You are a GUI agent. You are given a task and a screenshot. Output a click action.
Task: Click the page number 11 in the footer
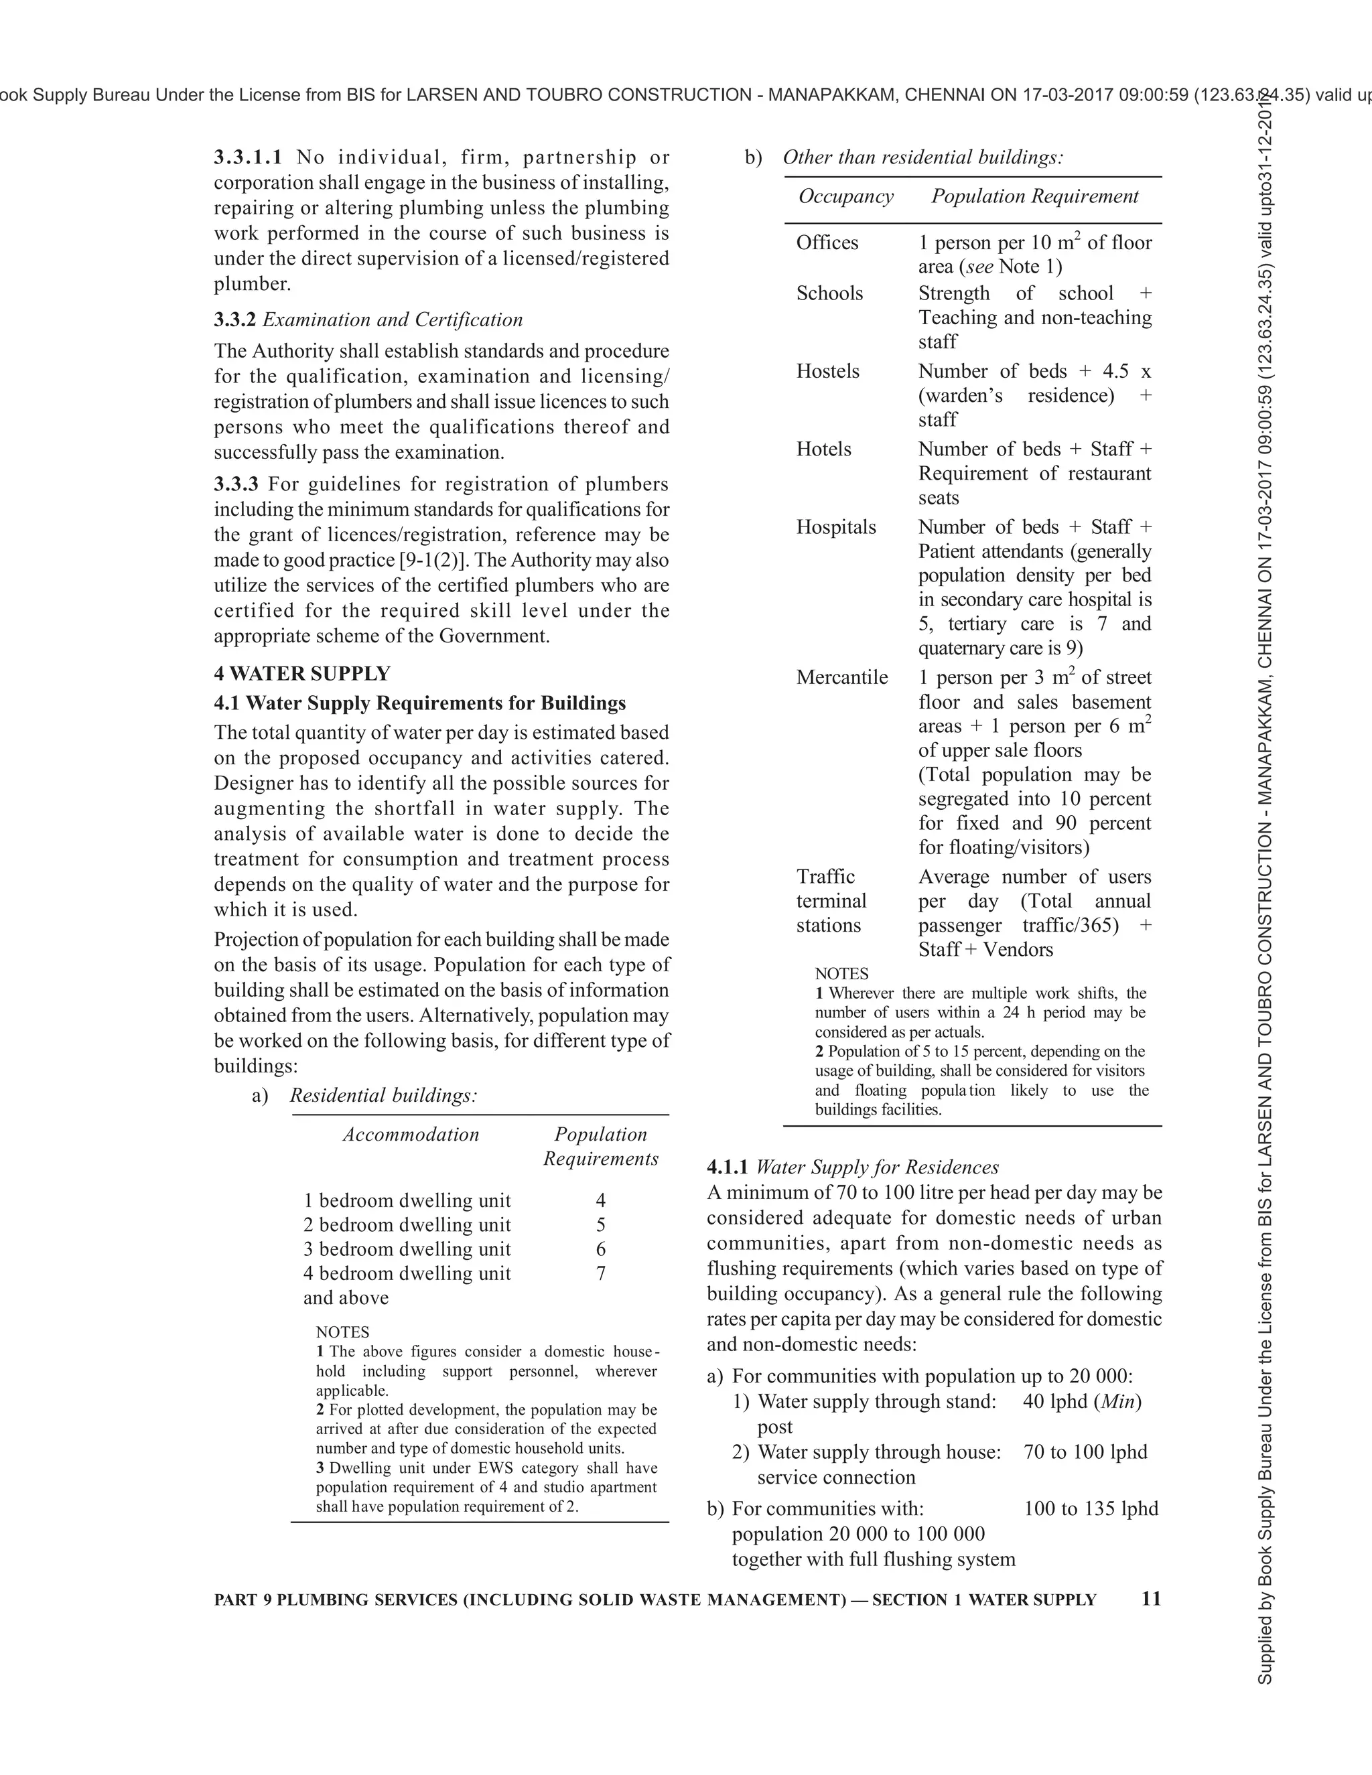tap(1151, 1599)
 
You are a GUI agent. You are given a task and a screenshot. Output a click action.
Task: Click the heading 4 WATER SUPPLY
tap(301, 674)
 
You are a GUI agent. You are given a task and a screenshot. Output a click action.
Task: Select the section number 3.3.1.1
tap(248, 157)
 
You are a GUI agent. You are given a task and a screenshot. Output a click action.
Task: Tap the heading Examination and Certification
tap(392, 319)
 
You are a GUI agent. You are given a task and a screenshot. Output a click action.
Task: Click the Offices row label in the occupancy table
tap(827, 243)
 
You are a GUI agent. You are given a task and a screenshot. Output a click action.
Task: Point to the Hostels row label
tap(827, 372)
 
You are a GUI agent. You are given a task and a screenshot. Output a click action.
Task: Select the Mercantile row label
tap(841, 678)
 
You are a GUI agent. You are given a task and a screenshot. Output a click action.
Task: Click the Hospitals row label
tap(835, 527)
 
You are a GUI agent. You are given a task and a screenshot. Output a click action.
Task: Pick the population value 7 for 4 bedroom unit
tap(601, 1273)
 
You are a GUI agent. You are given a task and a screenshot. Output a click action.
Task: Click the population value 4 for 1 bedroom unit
tap(601, 1200)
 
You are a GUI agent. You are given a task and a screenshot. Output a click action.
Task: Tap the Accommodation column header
tap(411, 1135)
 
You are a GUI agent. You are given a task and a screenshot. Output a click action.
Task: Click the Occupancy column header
tap(845, 197)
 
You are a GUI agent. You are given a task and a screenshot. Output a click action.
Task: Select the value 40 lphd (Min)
tap(1082, 1401)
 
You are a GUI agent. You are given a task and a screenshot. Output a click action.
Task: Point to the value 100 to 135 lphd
tap(1090, 1508)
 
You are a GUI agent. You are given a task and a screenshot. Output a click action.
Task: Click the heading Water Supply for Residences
tap(877, 1167)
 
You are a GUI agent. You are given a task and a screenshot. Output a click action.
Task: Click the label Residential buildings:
tap(383, 1096)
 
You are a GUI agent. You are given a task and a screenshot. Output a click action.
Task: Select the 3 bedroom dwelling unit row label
tap(407, 1249)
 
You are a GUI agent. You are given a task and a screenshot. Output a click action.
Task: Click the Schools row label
tap(829, 293)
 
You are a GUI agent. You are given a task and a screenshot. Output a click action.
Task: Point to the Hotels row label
tap(823, 449)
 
